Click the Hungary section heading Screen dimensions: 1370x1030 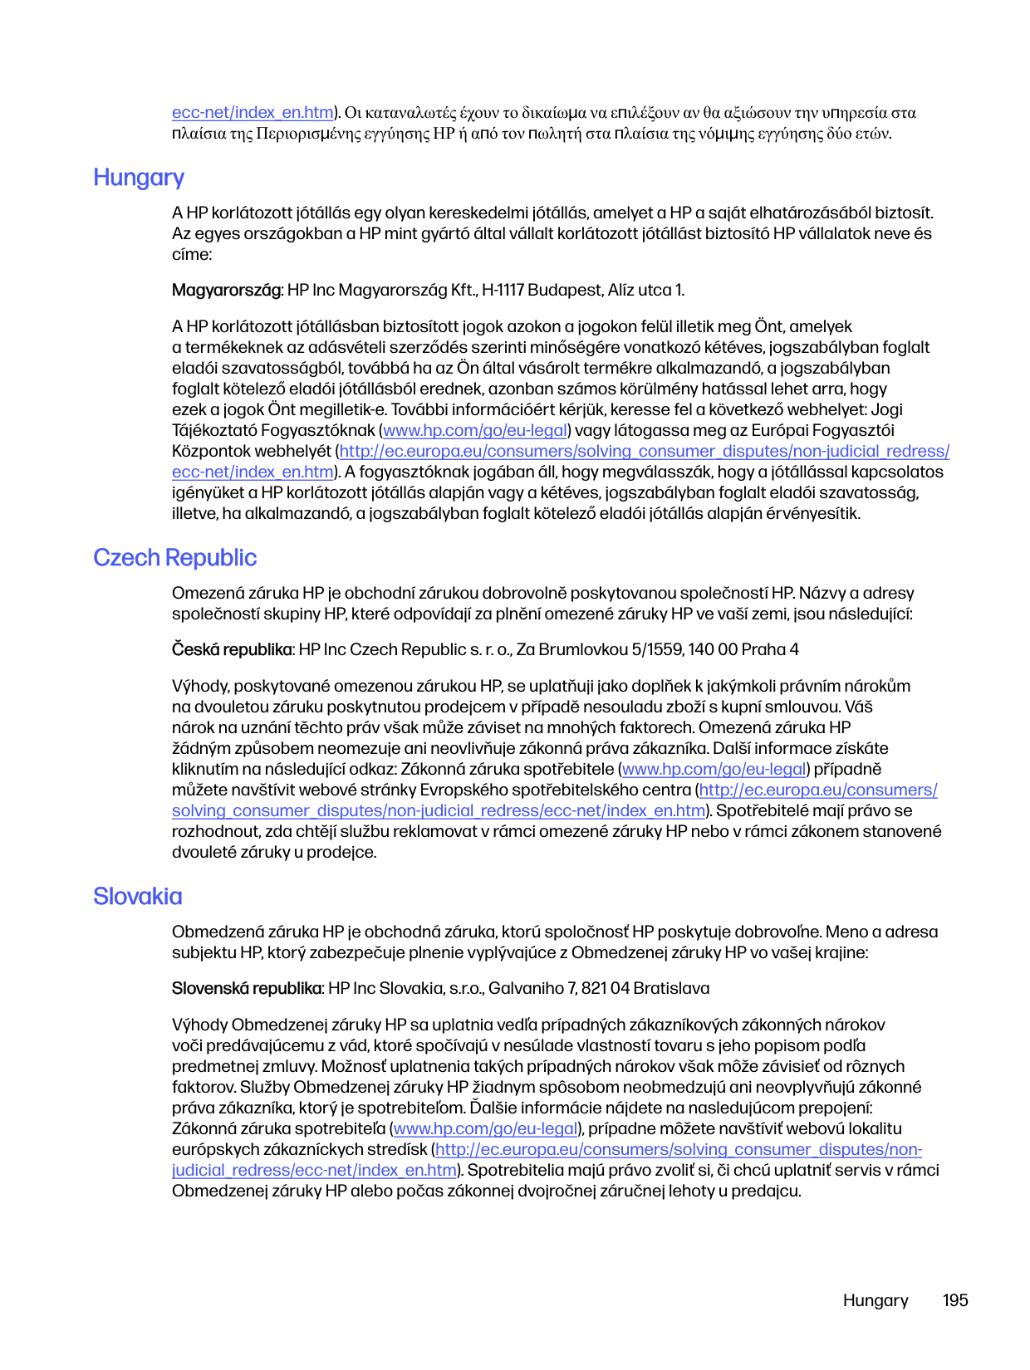click(139, 178)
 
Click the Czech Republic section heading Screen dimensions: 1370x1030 click(174, 558)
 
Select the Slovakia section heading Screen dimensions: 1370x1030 click(137, 897)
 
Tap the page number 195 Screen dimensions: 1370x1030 click(955, 1301)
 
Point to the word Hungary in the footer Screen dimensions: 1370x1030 click(875, 1301)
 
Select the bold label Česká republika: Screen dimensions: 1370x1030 click(233, 650)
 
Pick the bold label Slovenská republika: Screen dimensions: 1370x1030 click(248, 989)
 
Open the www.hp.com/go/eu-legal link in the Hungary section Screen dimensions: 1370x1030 click(475, 431)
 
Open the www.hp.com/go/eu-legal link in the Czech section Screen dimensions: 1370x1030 click(714, 770)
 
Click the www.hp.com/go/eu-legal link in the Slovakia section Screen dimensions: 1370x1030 click(486, 1129)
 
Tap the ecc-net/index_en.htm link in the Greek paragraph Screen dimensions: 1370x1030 click(253, 113)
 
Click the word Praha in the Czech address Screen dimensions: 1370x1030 click(763, 650)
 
